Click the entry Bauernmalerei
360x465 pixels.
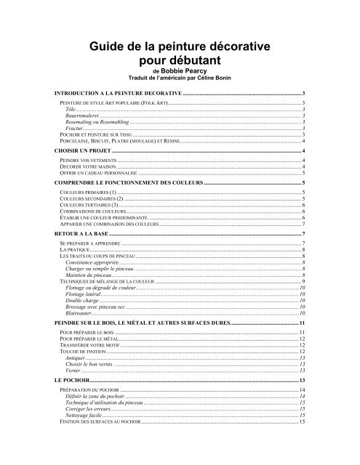click(81, 115)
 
